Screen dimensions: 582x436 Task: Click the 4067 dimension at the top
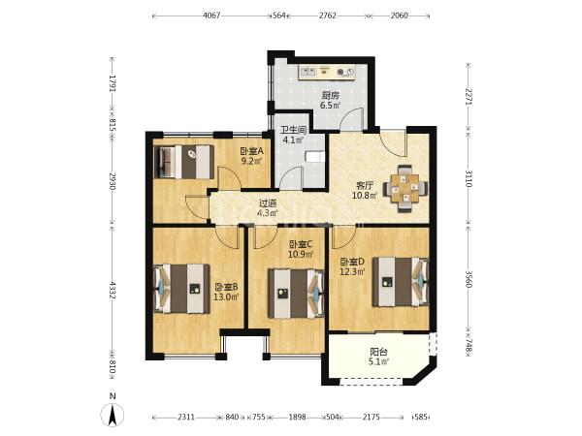(x=211, y=16)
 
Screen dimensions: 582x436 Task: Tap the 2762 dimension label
(x=328, y=16)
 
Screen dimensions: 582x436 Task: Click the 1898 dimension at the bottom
(x=298, y=417)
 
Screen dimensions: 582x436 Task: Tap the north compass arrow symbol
(x=113, y=415)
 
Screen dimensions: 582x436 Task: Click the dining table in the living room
(x=404, y=188)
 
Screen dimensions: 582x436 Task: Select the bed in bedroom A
(x=184, y=162)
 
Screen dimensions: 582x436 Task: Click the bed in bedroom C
(x=296, y=294)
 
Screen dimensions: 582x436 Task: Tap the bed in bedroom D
(x=401, y=282)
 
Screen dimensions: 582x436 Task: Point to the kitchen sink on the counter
(x=307, y=71)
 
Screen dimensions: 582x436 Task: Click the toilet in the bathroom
(x=314, y=156)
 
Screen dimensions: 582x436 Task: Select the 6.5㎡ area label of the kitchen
(x=331, y=106)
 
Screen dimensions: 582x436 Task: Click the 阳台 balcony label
(x=379, y=352)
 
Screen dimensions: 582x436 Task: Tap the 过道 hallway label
(x=268, y=203)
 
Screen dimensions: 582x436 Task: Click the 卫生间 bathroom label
(x=294, y=130)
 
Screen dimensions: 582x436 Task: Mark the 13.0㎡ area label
(x=226, y=296)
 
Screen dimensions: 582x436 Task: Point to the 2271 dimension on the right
(x=469, y=96)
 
